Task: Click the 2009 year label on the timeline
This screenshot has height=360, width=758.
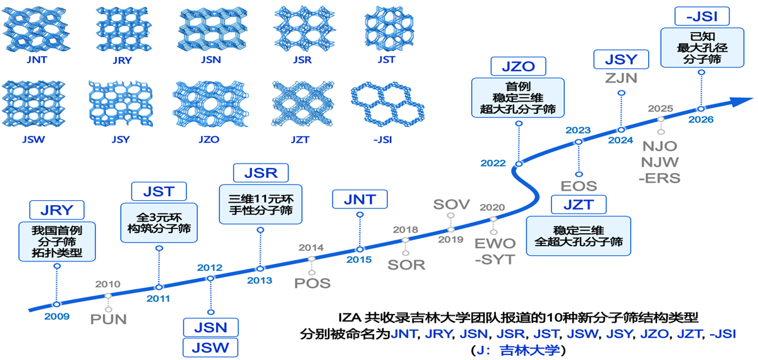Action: coord(57,316)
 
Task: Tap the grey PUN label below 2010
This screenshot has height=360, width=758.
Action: coord(108,320)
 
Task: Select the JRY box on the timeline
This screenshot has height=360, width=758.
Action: coord(57,210)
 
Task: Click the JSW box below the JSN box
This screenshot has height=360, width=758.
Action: coord(210,347)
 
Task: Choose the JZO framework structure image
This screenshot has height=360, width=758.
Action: coord(210,104)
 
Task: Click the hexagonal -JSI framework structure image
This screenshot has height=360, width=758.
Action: coord(387,104)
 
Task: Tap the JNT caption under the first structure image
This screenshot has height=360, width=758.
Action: coord(37,59)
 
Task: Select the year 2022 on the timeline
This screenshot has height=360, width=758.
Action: coord(493,163)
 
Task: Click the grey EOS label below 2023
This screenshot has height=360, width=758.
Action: coord(579,186)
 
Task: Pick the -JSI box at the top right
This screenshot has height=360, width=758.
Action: coord(702,16)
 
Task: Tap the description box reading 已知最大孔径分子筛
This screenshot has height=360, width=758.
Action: coord(702,48)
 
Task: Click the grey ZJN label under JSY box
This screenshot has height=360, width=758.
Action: coord(622,78)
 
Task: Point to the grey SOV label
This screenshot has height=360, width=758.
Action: coord(452,205)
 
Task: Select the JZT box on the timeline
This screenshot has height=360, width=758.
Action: coord(579,205)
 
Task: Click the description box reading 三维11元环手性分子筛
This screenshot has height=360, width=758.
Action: coord(260,205)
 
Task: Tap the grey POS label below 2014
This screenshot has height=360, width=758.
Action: coord(312,283)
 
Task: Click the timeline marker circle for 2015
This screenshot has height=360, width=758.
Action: coord(359,249)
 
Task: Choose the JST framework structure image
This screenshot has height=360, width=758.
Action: coord(389,30)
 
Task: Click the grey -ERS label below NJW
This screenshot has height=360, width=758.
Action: coord(659,178)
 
